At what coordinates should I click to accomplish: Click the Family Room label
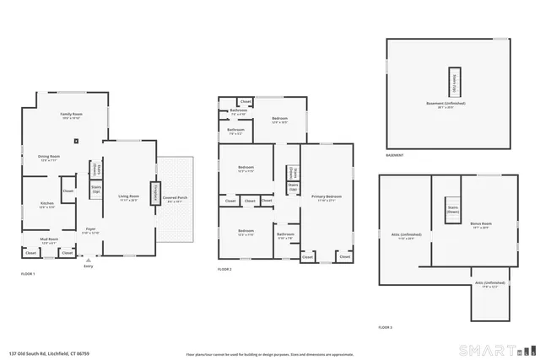coord(71,116)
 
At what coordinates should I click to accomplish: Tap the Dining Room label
coord(50,158)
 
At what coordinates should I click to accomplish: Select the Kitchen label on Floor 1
coord(47,204)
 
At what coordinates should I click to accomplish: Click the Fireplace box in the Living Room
coord(154,194)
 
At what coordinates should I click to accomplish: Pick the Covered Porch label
coord(175,199)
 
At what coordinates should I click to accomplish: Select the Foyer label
coord(90,229)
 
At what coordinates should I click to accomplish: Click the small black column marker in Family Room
coord(77,141)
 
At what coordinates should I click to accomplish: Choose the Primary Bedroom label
coord(325,199)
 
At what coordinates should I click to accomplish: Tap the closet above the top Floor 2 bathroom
coord(245,101)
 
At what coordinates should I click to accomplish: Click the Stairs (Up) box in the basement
coord(455,81)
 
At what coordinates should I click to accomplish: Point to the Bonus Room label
coord(481,224)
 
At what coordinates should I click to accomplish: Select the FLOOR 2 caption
coord(224,269)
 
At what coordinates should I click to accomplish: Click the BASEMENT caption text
coord(394,155)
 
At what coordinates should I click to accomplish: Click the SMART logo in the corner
coord(497,349)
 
